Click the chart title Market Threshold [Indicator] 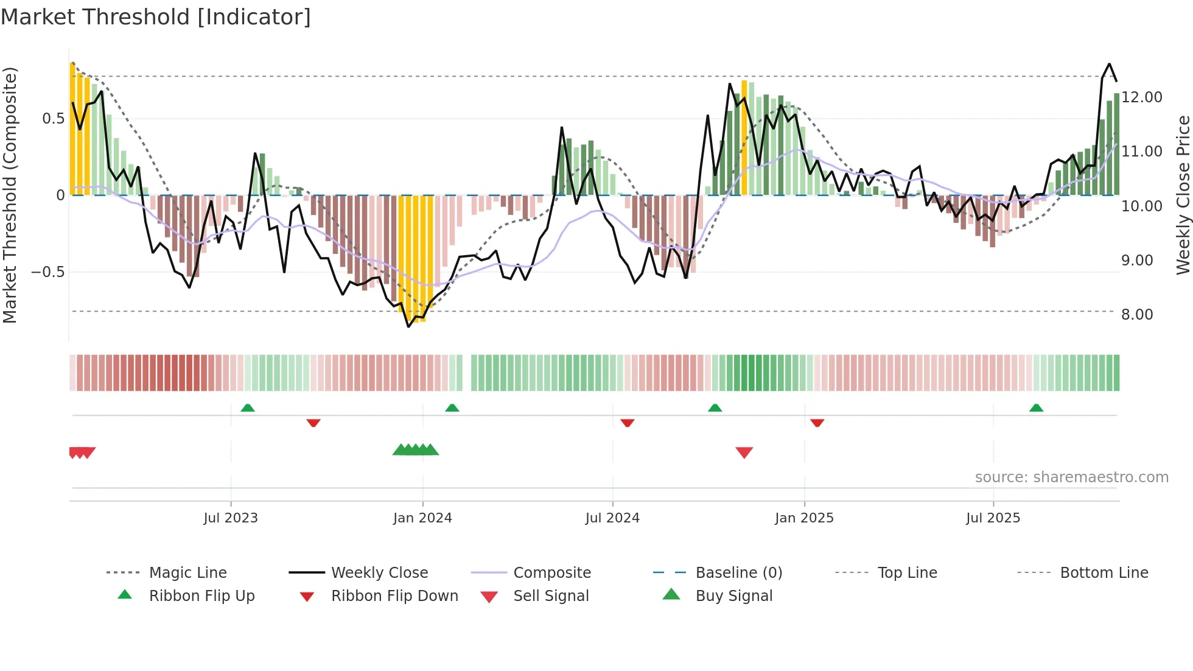pos(156,17)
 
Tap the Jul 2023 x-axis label pos(231,518)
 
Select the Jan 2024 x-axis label pos(422,518)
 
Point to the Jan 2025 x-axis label pos(804,518)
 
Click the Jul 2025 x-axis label pos(993,518)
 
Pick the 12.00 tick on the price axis pos(1142,97)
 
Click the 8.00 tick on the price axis pos(1137,315)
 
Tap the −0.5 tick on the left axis pos(47,272)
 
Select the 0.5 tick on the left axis pos(53,119)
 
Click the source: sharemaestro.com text pos(1071,477)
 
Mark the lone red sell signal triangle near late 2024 pos(744,452)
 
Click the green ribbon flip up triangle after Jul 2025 pos(1036,408)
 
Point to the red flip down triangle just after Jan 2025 pos(817,423)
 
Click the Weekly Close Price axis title pos(1183,195)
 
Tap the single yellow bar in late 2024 pos(744,138)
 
